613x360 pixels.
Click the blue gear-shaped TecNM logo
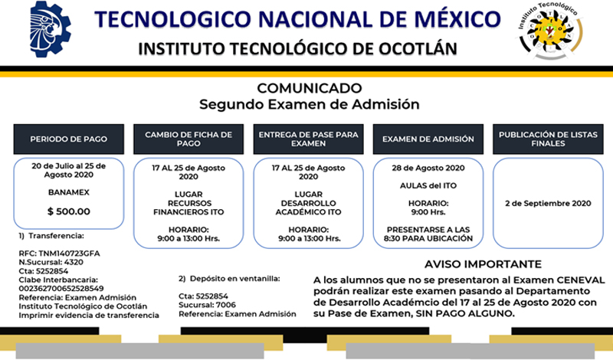click(51, 29)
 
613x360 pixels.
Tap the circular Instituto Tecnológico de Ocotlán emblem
click(550, 31)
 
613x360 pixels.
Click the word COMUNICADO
click(310, 88)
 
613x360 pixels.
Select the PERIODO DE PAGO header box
click(69, 139)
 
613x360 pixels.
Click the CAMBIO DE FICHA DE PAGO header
click(188, 139)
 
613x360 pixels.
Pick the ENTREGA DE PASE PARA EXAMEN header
click(309, 139)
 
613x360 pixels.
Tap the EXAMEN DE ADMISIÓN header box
click(428, 139)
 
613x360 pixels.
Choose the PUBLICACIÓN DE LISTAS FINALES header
click(548, 139)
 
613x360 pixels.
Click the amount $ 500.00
click(69, 211)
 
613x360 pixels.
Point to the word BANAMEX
click(69, 192)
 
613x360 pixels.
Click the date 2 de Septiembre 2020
click(548, 203)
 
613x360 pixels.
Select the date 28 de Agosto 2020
click(428, 168)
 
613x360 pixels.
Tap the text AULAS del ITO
click(428, 185)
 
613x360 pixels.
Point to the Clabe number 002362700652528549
click(61, 289)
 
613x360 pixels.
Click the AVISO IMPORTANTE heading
click(484, 264)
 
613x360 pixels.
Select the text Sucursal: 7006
click(207, 305)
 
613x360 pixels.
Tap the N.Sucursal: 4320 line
click(51, 262)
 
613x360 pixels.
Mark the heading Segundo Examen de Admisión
click(310, 104)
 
